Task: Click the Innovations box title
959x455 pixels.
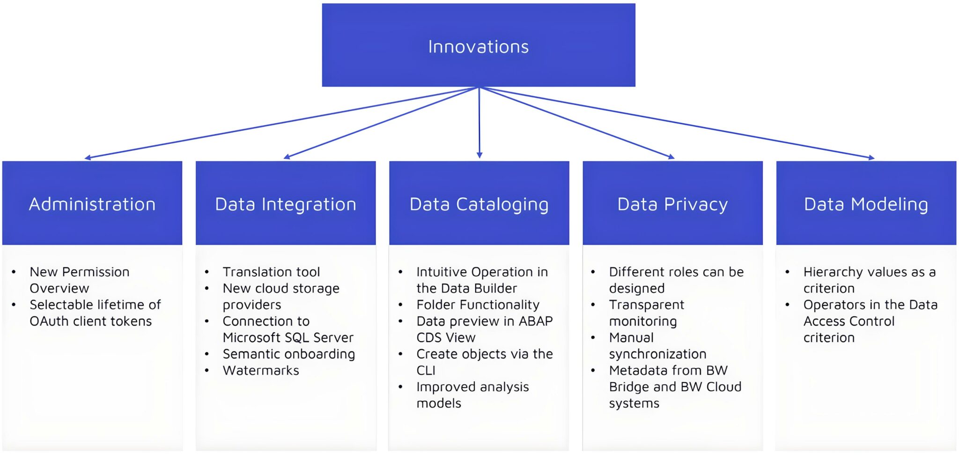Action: coord(478,46)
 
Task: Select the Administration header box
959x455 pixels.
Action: coord(92,204)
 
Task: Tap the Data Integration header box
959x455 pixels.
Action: coord(285,204)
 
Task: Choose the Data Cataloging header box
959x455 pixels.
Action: coord(479,204)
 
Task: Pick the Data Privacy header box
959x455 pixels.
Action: coord(672,204)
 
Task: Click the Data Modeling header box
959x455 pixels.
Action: coord(866,204)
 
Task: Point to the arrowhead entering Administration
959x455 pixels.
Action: coord(88,158)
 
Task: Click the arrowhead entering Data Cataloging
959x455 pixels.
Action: coord(479,155)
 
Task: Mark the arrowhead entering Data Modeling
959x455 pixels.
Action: coord(871,158)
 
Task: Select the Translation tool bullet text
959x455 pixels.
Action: coord(271,272)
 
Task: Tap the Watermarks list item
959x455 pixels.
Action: coord(261,370)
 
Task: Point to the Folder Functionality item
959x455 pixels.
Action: coord(478,305)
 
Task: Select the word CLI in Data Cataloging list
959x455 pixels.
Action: coord(426,370)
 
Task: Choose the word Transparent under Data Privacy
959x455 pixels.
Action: coord(646,305)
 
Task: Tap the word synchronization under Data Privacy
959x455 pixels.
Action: coord(657,354)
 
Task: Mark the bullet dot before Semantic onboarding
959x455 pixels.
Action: coord(207,354)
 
